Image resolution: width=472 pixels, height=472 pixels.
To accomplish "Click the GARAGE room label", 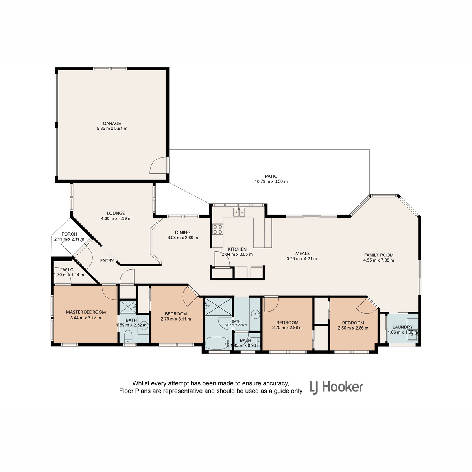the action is [x=112, y=124].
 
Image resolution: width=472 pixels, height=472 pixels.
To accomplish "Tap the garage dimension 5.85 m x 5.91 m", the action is [x=112, y=129].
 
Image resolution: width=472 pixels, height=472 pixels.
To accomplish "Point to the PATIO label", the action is [x=271, y=176].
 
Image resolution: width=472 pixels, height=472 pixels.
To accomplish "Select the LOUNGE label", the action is [x=116, y=213].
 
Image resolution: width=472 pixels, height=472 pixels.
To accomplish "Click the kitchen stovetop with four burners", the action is [x=218, y=229].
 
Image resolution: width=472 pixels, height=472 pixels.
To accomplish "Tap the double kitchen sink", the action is [x=239, y=212].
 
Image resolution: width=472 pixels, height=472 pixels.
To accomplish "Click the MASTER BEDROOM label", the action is [x=86, y=312].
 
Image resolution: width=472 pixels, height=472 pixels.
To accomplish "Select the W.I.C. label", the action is [x=68, y=270].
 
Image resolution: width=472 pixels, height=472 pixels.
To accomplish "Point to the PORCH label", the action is [x=69, y=234].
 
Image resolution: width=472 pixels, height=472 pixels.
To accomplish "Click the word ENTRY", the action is [x=107, y=261].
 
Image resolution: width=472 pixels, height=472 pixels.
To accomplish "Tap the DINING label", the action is [x=183, y=232].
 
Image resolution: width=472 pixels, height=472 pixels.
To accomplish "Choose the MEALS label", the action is [x=302, y=254].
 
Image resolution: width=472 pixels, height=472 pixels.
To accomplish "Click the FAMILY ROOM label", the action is [x=379, y=255].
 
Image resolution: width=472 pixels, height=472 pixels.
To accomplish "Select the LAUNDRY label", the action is [x=403, y=327].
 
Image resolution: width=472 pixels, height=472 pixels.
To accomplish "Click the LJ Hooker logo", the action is [x=337, y=387].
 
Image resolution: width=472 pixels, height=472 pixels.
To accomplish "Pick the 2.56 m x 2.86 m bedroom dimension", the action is [x=353, y=328].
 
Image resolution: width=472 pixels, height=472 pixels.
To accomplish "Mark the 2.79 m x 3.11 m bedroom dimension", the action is [x=176, y=319].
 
